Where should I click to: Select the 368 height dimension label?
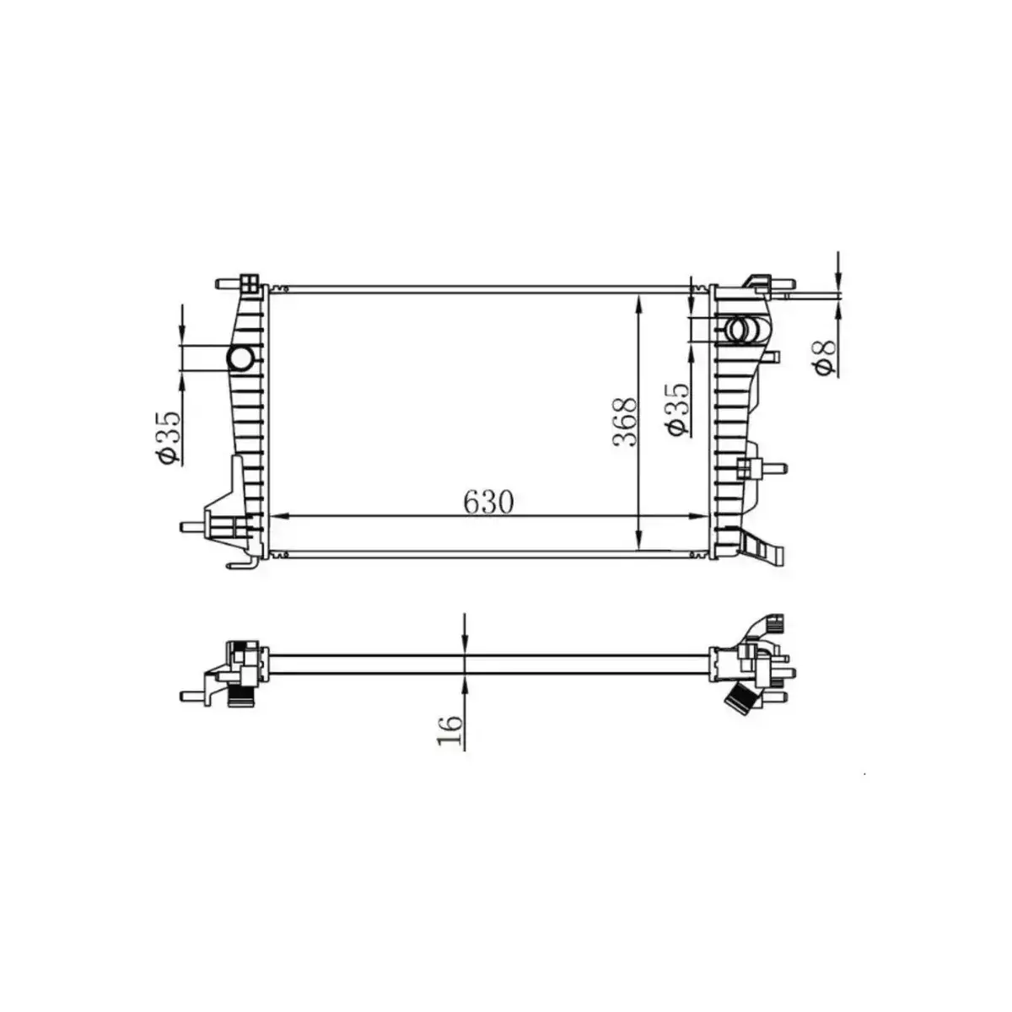625,422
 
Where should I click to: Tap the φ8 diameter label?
824,355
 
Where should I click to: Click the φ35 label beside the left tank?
166,437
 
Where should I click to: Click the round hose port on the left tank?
240,359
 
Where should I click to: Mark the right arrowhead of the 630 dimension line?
703,515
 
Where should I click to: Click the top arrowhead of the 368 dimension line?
640,303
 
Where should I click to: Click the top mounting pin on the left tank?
226,284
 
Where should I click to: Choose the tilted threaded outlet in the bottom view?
740,698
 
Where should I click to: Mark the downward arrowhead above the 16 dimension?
465,645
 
